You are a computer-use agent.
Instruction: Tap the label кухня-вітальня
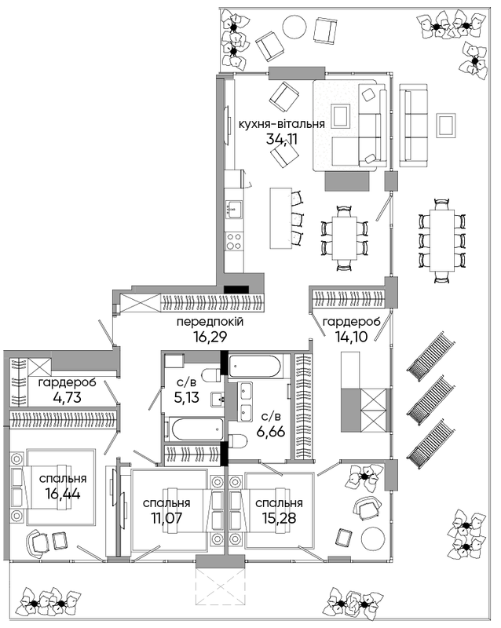coord(281,124)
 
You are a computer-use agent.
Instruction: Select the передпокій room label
coord(210,322)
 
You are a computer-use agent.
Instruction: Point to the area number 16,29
coord(210,337)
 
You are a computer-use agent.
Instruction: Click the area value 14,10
coord(351,337)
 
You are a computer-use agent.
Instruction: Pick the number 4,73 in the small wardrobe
coord(67,398)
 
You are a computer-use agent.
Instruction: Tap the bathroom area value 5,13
coord(187,398)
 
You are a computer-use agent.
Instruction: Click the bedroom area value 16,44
coord(64,494)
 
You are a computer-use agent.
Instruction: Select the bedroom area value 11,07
coord(166,518)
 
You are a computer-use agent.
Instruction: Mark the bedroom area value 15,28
coord(279,518)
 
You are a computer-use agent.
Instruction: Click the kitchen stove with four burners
coord(234,242)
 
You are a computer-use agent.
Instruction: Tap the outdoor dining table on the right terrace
coord(442,240)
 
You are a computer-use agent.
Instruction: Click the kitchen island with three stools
coord(280,218)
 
